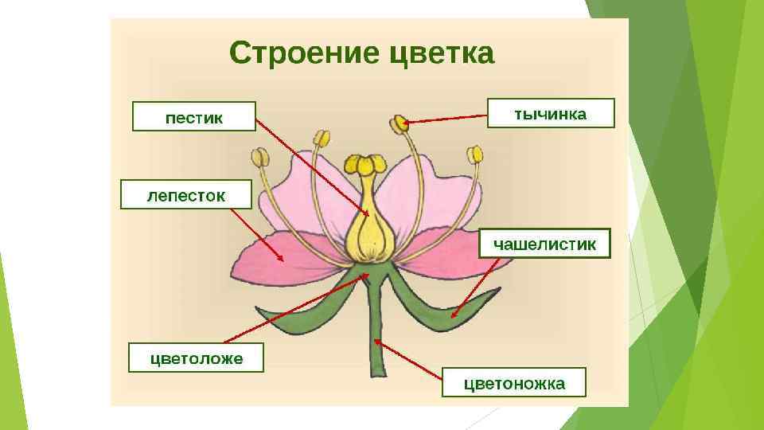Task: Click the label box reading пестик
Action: tap(194, 116)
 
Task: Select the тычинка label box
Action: tap(551, 114)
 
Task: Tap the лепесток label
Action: tap(185, 195)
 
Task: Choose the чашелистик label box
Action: tap(544, 243)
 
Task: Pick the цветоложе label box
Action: tap(197, 358)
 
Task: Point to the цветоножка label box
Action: tap(514, 383)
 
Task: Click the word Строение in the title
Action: tap(305, 55)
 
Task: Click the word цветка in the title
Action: tap(443, 55)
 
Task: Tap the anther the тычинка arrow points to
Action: tap(399, 123)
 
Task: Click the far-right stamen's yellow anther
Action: tap(475, 154)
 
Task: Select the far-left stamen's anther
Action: tap(259, 156)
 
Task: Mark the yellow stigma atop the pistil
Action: tap(365, 165)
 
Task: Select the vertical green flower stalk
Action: tap(377, 334)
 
